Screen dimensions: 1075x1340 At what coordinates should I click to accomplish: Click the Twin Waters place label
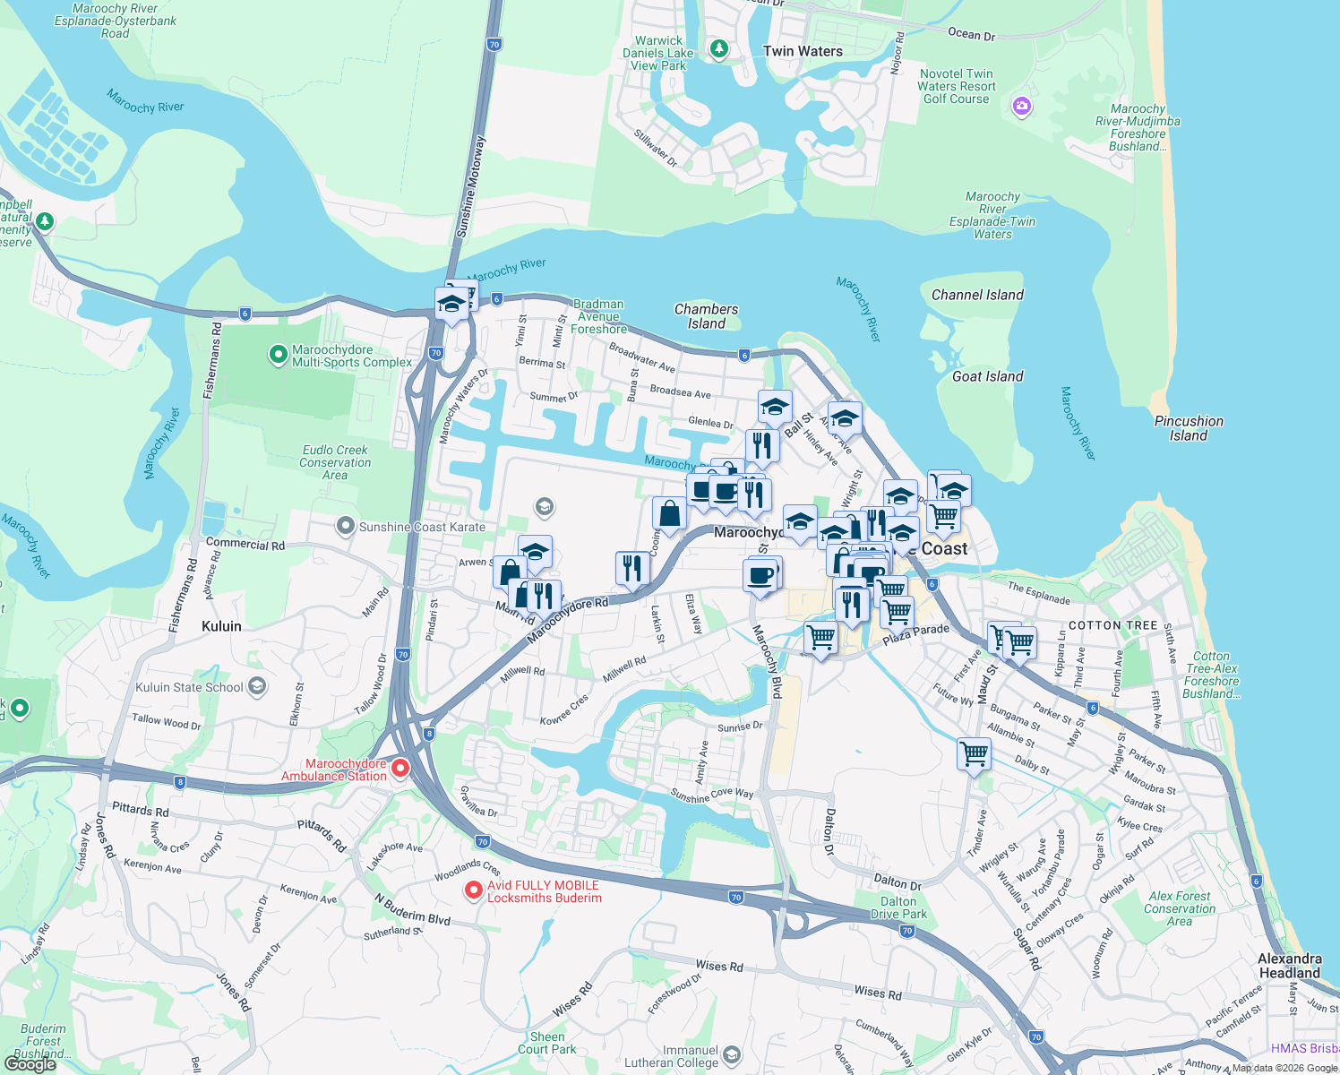coord(803,52)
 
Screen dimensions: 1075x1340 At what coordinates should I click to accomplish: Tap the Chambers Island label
coord(706,316)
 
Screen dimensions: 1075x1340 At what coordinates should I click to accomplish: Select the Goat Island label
coord(987,377)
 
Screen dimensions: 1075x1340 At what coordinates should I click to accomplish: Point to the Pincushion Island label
coord(1189,428)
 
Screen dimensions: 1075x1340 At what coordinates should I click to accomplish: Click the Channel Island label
coord(977,295)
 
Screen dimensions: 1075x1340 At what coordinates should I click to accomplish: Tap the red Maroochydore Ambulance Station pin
coord(400,768)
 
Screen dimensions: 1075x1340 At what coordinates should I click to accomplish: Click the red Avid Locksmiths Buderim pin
coord(474,890)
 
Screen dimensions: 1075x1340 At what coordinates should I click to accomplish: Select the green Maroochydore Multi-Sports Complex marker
coord(278,355)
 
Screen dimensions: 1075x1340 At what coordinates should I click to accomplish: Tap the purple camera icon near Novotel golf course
coord(1021,107)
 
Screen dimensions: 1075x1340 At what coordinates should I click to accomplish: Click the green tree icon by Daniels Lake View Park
coord(718,48)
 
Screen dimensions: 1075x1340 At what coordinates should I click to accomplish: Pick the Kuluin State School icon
coord(257,687)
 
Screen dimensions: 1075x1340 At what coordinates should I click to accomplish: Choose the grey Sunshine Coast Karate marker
coord(346,526)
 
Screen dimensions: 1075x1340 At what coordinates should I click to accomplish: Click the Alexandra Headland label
coord(1289,966)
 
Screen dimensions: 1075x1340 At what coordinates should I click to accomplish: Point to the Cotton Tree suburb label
coord(1112,625)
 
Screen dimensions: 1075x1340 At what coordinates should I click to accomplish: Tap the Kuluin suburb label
coord(221,626)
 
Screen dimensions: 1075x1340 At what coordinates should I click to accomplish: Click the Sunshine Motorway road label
coord(471,186)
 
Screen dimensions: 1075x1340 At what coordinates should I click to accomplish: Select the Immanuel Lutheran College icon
coord(732,1053)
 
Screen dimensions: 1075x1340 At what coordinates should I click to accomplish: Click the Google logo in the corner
coord(30,1064)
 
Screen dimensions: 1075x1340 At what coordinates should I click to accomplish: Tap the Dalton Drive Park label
coord(898,908)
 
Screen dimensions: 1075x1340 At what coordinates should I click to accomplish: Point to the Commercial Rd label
coord(245,544)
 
